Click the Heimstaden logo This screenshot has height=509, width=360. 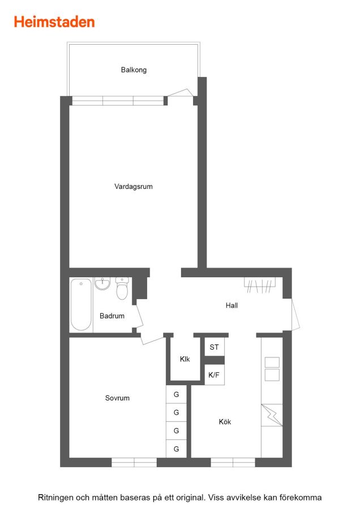point(54,22)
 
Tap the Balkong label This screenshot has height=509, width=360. point(134,70)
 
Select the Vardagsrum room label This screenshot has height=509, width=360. point(134,187)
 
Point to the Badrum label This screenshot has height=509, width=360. point(112,316)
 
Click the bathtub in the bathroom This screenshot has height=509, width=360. point(81,304)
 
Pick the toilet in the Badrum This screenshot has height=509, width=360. point(122,288)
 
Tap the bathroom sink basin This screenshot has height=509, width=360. point(102,283)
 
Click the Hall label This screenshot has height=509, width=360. point(232,305)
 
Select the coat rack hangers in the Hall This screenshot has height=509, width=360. point(260,285)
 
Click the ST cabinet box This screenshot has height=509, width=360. point(214,347)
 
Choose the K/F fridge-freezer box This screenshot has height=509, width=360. point(214,375)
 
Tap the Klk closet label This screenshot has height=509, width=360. point(185,359)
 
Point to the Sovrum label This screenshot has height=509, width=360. point(117,398)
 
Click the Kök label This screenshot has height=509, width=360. point(225,422)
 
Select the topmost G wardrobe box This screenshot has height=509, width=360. point(176,394)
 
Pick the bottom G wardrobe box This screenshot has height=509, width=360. point(176,449)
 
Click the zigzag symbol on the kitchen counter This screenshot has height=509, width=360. point(272,415)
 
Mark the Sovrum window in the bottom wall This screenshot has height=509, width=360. point(134,463)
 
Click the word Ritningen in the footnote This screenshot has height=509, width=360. point(56,498)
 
